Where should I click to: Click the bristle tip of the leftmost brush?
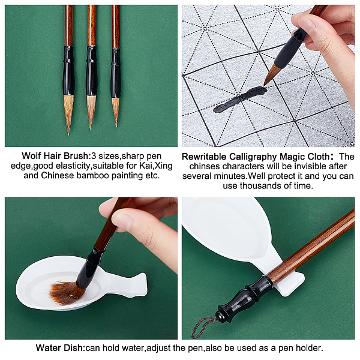(68, 134)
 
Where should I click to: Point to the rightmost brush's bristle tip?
(116, 125)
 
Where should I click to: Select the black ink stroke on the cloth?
(240, 99)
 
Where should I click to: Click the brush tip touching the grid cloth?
(265, 85)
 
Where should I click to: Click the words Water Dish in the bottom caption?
(61, 348)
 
